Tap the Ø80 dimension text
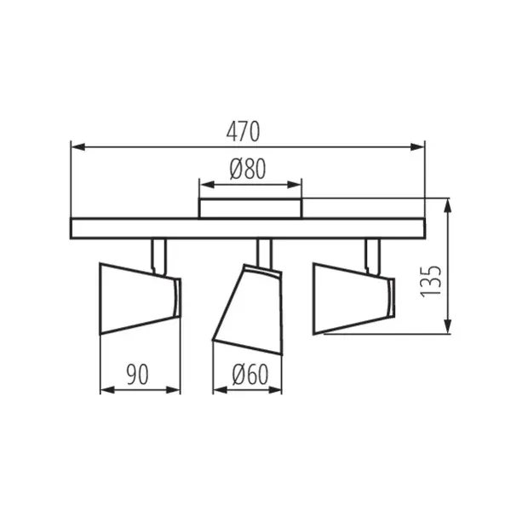248,169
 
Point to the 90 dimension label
139,373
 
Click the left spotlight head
138,299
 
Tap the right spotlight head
352,297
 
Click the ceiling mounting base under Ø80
250,209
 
